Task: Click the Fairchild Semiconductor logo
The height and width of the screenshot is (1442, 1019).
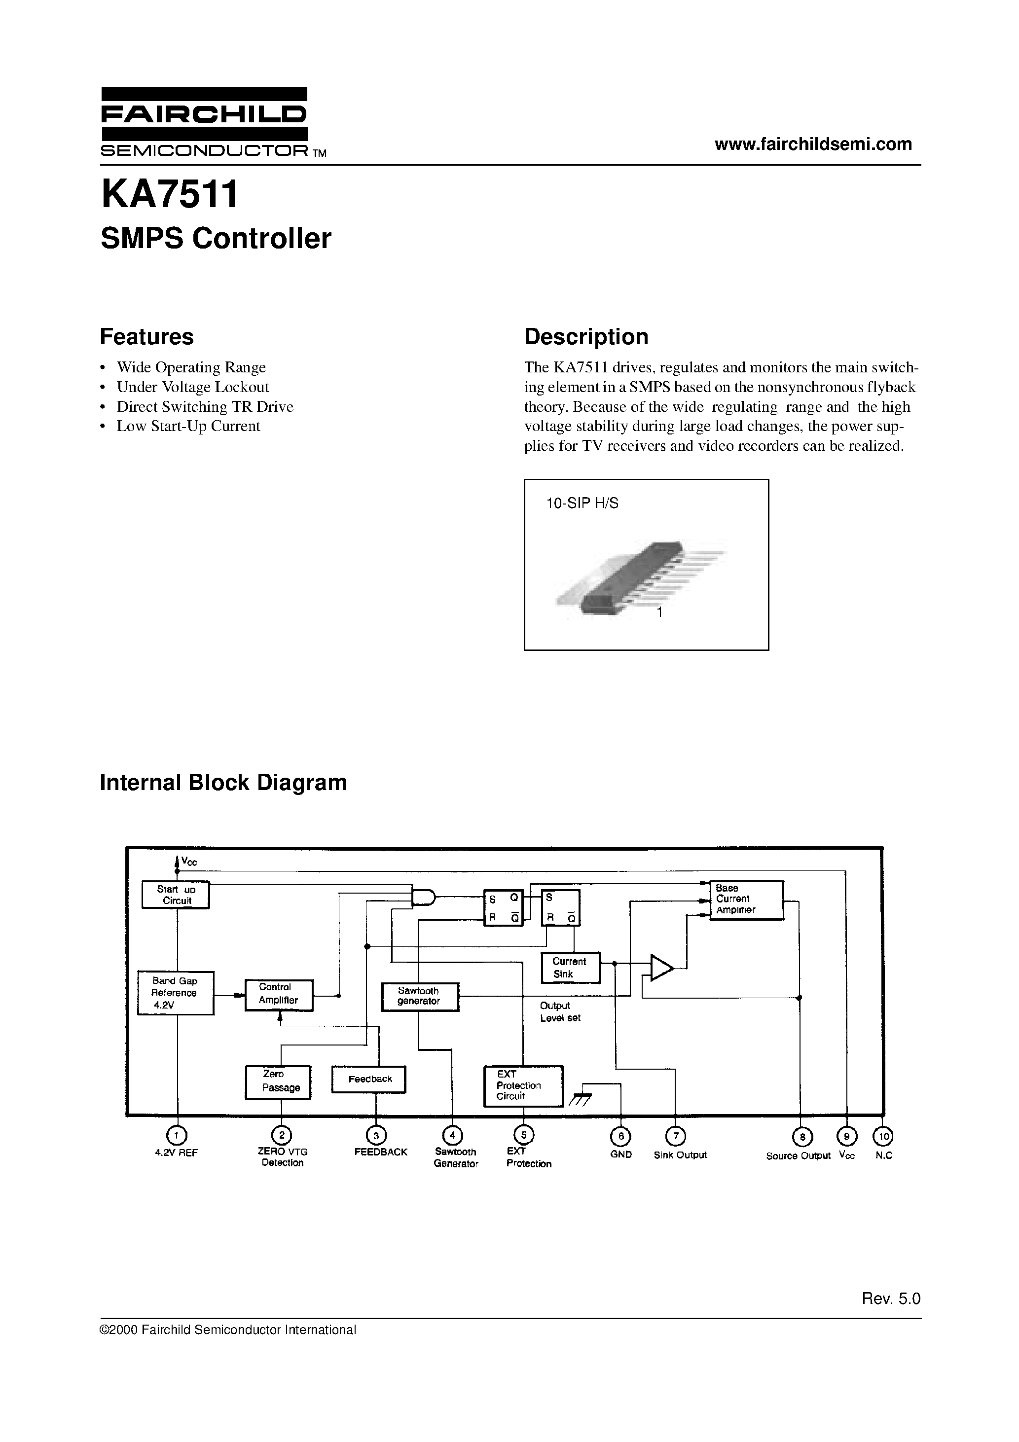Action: coord(205,122)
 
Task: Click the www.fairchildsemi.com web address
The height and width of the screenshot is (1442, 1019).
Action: coord(813,144)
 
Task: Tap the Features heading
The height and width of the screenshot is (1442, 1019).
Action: coord(146,337)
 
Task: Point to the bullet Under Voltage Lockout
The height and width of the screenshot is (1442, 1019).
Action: coord(192,387)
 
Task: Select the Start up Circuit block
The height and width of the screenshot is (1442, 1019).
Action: coord(175,895)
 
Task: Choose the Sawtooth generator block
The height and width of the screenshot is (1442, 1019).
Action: coord(420,996)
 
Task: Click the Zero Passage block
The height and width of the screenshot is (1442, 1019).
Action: coord(278,1082)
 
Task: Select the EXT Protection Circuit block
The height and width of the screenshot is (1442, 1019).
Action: coord(523,1085)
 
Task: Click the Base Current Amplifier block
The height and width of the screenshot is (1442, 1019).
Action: coord(746,900)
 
